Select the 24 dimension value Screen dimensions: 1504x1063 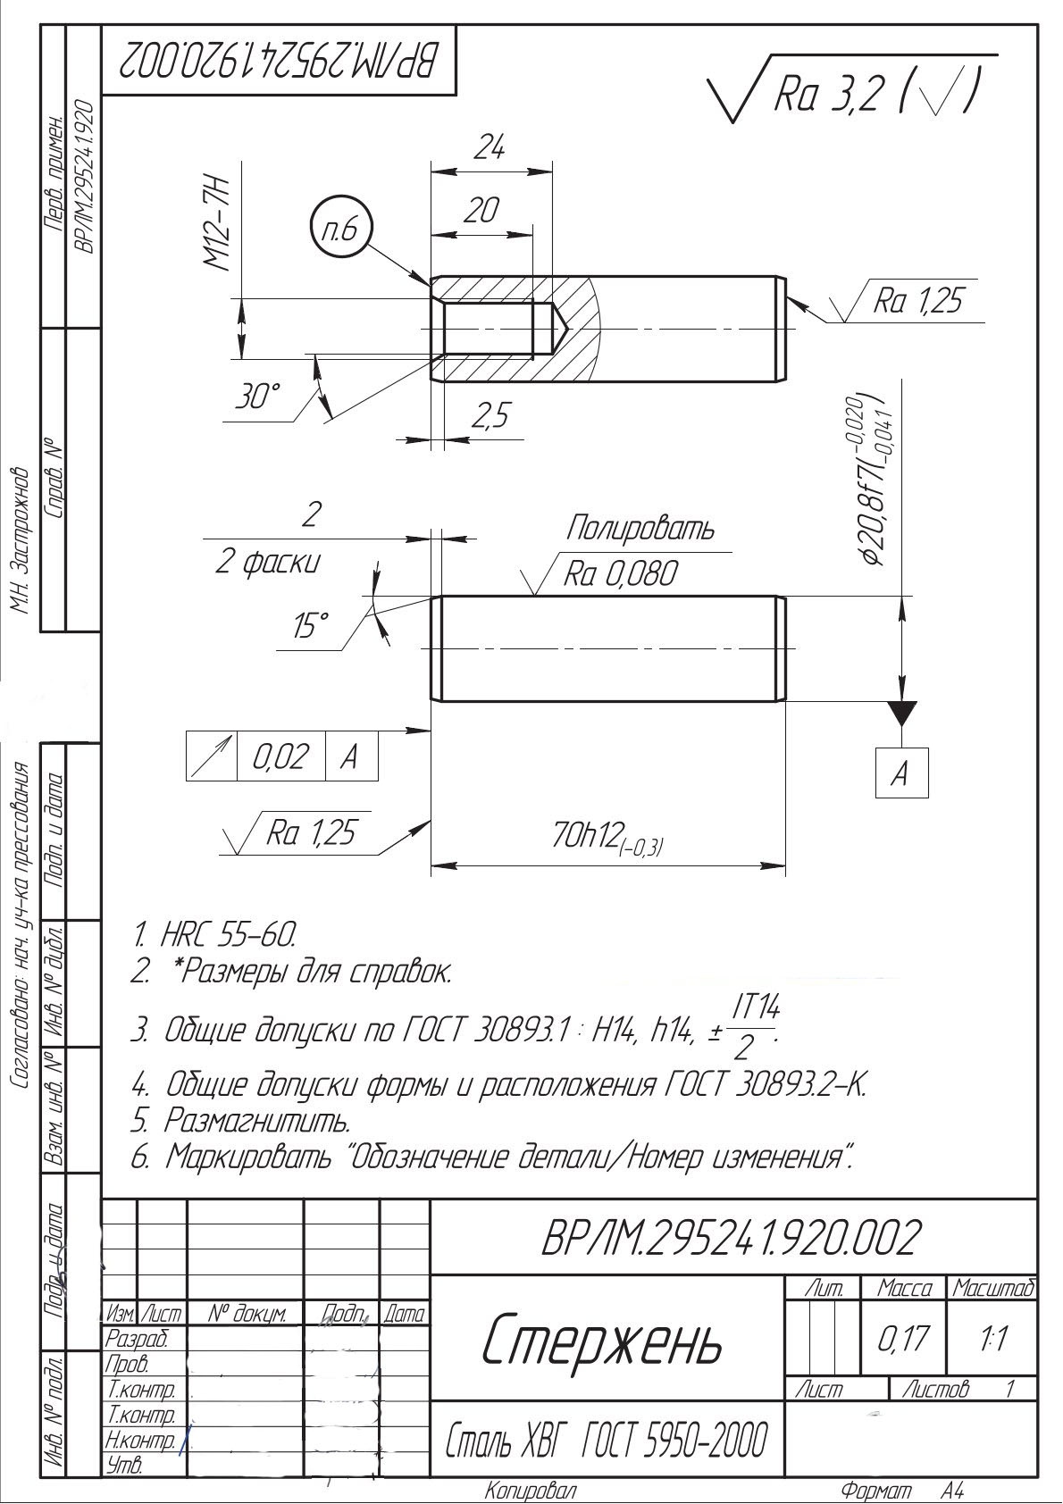click(x=488, y=148)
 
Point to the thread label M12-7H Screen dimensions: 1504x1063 click(x=217, y=224)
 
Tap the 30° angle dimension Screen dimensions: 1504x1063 click(x=258, y=398)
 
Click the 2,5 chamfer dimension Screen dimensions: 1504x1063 click(x=490, y=415)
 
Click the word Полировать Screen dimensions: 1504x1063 click(x=640, y=529)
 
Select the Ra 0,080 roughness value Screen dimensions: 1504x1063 click(x=620, y=574)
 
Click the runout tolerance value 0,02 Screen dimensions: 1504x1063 click(x=280, y=757)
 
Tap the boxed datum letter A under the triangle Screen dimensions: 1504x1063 click(x=900, y=772)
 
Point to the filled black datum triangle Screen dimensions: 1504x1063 click(x=902, y=713)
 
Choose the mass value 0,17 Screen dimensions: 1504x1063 click(x=903, y=1339)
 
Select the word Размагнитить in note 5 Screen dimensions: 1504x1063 click(x=257, y=1119)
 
